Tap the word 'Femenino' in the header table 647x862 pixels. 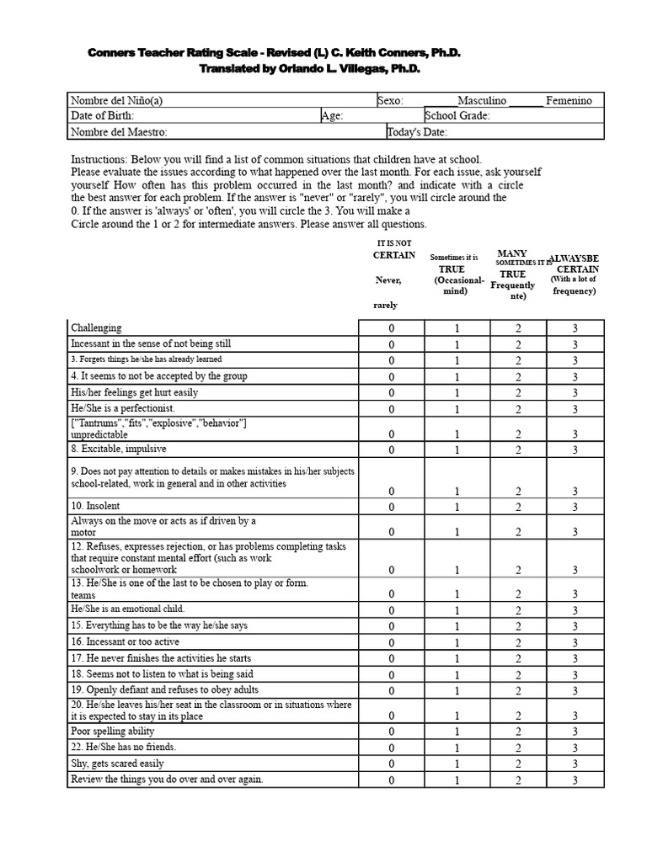click(x=569, y=100)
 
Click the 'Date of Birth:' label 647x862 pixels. click(x=102, y=116)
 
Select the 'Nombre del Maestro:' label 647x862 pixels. click(x=119, y=132)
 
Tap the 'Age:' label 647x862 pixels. click(x=332, y=116)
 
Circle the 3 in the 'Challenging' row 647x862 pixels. click(x=575, y=328)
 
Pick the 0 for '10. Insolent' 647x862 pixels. click(x=391, y=507)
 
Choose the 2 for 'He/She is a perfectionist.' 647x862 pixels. click(x=518, y=409)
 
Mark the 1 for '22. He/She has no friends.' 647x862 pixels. click(x=457, y=748)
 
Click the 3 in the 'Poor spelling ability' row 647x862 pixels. click(x=575, y=732)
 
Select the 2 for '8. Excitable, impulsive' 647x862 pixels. click(x=518, y=450)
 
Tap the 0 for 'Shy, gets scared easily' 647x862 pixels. click(x=391, y=764)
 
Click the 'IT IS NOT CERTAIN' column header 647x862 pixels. click(x=393, y=249)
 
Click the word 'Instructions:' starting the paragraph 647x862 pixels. click(x=98, y=159)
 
